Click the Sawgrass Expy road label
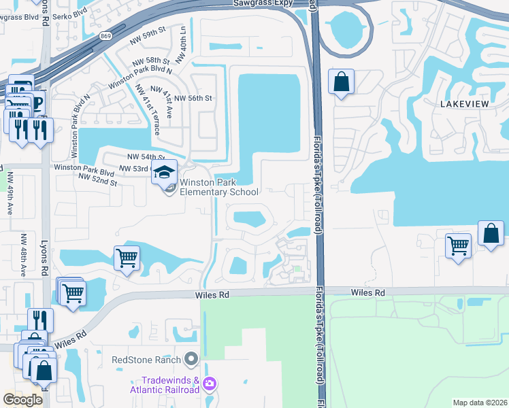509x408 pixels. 261,3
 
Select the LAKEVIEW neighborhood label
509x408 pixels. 465,103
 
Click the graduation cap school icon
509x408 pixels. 164,173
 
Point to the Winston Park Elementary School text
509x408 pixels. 219,187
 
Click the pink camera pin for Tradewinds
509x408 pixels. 210,385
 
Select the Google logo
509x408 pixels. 22,400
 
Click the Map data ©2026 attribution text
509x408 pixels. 480,403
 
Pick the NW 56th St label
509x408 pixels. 194,98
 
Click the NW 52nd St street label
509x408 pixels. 98,180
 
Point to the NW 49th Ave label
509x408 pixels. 10,192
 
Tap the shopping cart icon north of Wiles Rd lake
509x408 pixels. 126,259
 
